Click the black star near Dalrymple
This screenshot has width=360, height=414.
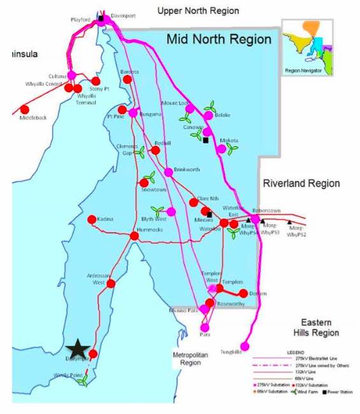point(78,348)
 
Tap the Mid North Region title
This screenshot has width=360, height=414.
point(219,39)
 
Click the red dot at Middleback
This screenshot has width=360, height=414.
point(25,109)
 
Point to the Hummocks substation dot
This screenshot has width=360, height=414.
point(134,236)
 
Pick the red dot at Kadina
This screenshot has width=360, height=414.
point(92,219)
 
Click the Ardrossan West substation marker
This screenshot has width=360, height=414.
point(110,284)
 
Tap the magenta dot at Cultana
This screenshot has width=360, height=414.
point(71,75)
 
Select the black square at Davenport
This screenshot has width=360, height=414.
point(101,18)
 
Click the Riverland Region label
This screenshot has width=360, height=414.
point(301,183)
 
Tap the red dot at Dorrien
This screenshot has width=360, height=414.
point(243,294)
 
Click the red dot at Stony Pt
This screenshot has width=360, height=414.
point(96,81)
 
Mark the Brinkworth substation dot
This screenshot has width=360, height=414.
point(168,172)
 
